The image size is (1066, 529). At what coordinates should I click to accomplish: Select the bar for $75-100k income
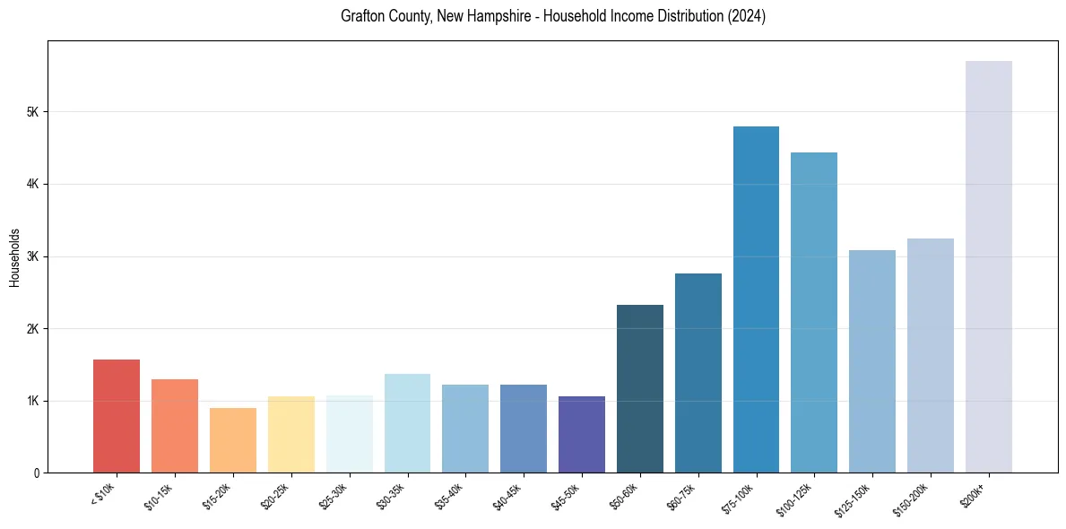(756, 299)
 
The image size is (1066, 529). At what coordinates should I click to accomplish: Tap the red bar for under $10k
(117, 416)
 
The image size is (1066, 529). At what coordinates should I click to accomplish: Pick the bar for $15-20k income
(233, 440)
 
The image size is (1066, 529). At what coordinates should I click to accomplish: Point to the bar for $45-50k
(582, 434)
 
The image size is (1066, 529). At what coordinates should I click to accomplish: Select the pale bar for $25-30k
(350, 434)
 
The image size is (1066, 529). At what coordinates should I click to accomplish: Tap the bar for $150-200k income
(931, 355)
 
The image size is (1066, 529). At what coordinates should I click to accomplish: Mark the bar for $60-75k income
(698, 373)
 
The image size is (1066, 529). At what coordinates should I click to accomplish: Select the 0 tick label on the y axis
(36, 473)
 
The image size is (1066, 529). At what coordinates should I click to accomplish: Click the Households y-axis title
(14, 257)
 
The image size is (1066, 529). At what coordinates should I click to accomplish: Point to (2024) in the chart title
(747, 16)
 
